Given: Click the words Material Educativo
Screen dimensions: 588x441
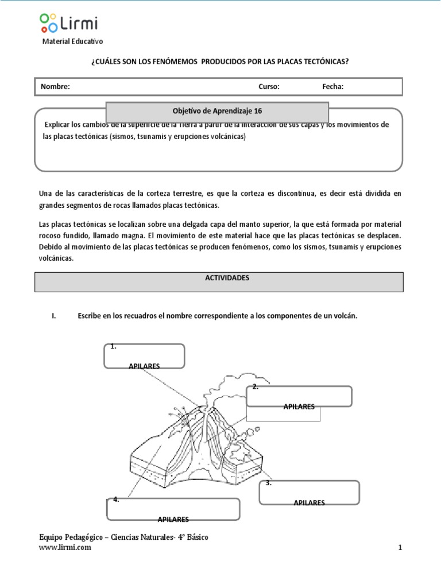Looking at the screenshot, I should pos(73,41).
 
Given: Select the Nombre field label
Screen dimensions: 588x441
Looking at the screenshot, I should pos(55,87).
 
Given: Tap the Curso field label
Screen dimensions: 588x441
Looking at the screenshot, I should pos(269,87).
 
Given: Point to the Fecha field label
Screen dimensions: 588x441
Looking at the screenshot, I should pos(332,87).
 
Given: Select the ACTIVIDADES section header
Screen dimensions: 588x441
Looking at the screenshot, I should pos(219,277).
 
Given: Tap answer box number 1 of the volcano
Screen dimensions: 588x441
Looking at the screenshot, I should pos(144,355).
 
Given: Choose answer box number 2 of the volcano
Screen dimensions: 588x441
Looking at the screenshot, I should pos(299,396).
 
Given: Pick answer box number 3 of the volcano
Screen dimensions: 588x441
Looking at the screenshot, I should pos(309,492).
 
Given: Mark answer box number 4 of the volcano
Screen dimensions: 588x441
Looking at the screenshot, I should pos(173,509).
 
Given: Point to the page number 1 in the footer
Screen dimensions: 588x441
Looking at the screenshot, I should pos(400,548).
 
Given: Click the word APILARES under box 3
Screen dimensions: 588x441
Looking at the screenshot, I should pos(309,502).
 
